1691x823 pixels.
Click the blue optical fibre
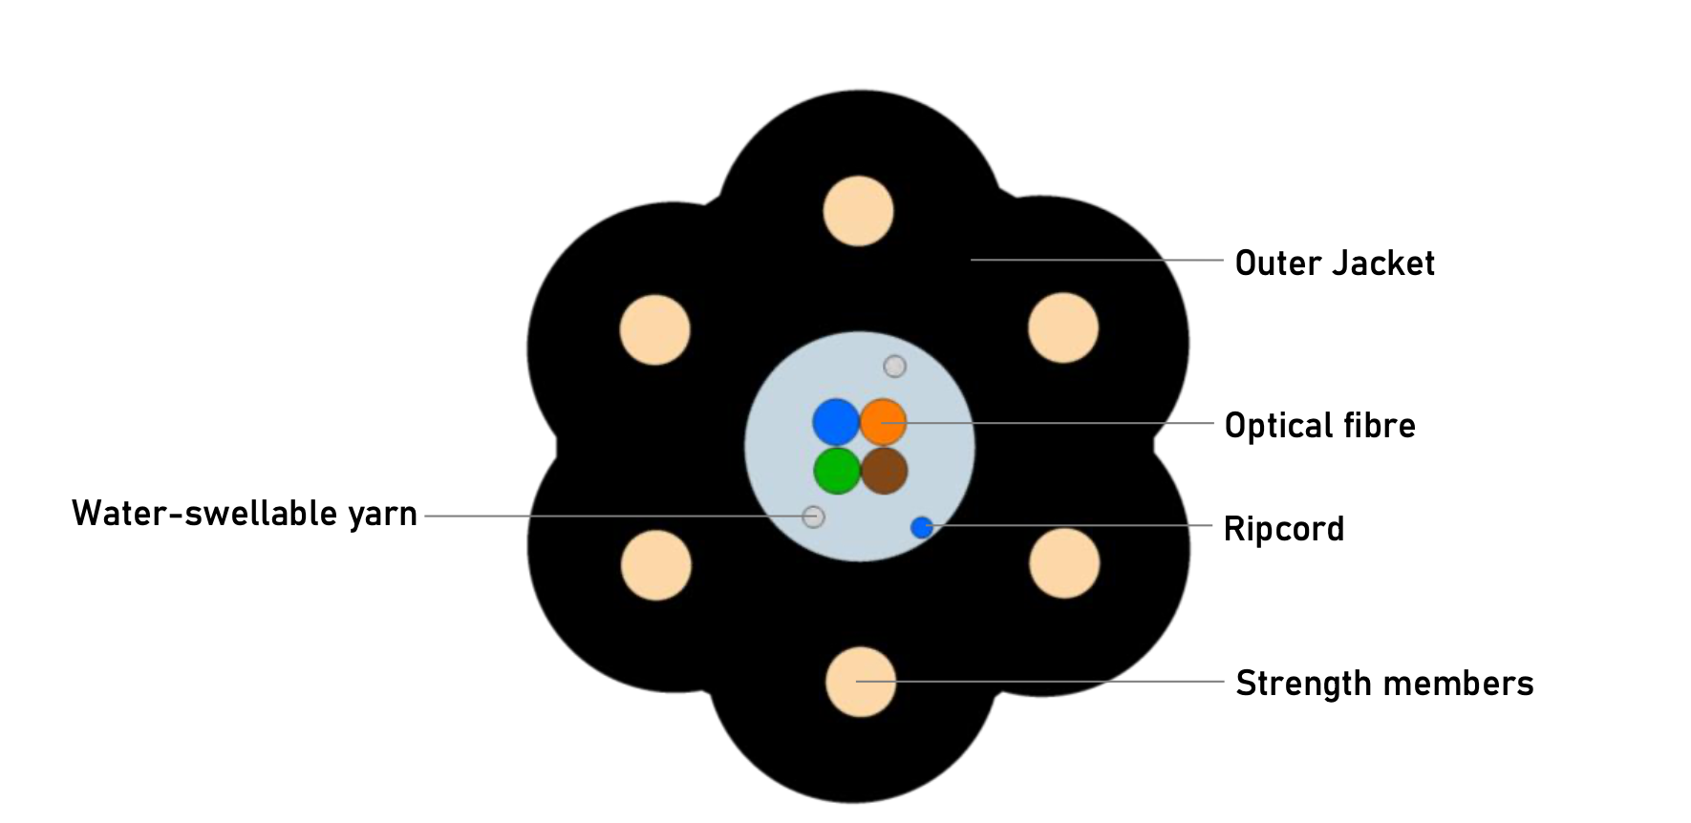[x=836, y=422]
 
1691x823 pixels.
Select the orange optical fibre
[x=883, y=422]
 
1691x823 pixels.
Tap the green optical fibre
[x=837, y=471]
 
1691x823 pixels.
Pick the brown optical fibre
[x=884, y=471]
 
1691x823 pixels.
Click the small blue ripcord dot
[x=921, y=527]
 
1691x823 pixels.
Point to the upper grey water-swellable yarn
[x=894, y=366]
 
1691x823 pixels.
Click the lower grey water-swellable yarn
[x=813, y=517]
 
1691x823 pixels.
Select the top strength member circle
[x=858, y=211]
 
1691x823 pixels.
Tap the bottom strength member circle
[x=860, y=682]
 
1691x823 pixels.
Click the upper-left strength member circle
[x=654, y=329]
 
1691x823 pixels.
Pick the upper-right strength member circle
[x=1062, y=327]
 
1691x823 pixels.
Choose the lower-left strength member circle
[x=655, y=565]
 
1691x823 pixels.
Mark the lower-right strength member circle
[x=1064, y=563]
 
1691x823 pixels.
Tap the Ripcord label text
[x=1283, y=529]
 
